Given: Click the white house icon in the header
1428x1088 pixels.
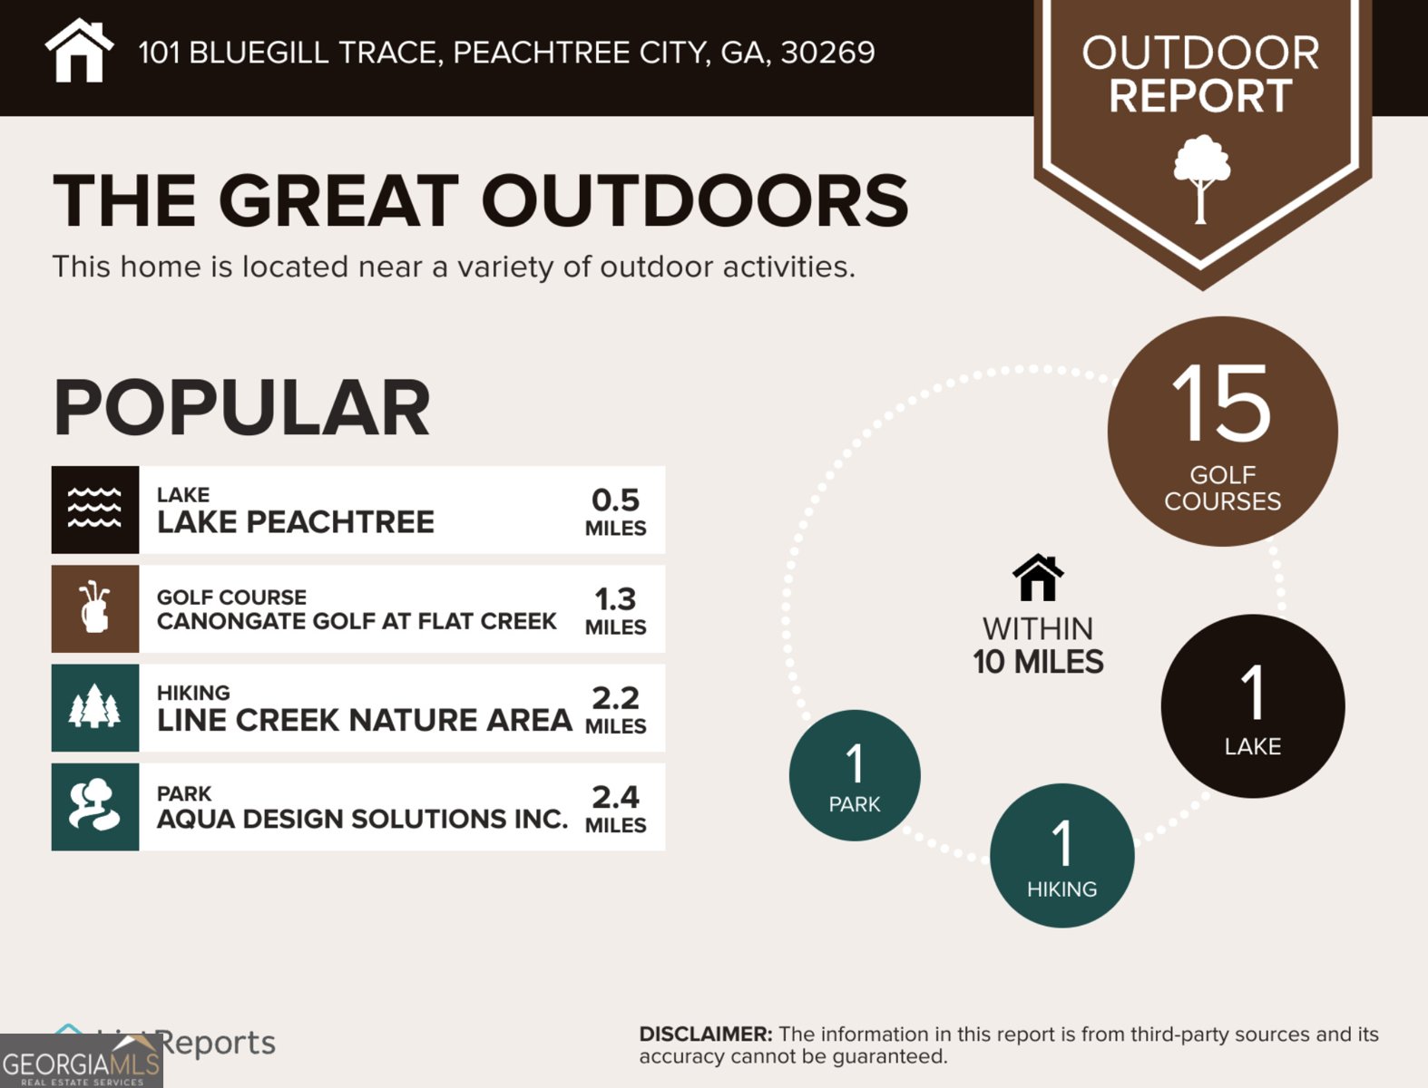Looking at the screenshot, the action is pos(79,52).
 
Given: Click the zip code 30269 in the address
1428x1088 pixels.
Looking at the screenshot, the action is pos(827,53).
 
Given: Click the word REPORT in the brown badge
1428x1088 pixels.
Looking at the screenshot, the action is pos(1200,96).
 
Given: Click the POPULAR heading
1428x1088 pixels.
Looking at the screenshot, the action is pos(241,408).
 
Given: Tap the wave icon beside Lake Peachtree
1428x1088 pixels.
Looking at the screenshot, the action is pos(95,510).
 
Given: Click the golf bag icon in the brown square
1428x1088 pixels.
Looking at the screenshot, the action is pos(95,608).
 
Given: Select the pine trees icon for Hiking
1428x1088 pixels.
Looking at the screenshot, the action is pos(95,707).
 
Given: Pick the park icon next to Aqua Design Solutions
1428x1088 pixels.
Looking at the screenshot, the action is pos(95,806).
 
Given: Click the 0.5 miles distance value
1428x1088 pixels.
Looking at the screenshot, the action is pos(615,511).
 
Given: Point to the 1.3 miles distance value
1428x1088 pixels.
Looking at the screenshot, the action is pos(615,610).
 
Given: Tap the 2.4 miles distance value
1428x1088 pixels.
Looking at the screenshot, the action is pos(615,808).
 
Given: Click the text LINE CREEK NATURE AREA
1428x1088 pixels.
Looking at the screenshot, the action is pos(364,720).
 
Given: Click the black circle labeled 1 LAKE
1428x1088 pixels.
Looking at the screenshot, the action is pos(1252,706).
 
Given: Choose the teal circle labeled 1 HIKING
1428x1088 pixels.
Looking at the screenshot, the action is pos(1061,855).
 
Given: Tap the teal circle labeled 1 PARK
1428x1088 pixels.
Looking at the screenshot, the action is pos(855,775).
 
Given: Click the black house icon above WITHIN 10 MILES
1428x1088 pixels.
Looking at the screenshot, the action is pos(1038,578).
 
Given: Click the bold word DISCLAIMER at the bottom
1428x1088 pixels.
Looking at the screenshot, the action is pos(705,1035).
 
